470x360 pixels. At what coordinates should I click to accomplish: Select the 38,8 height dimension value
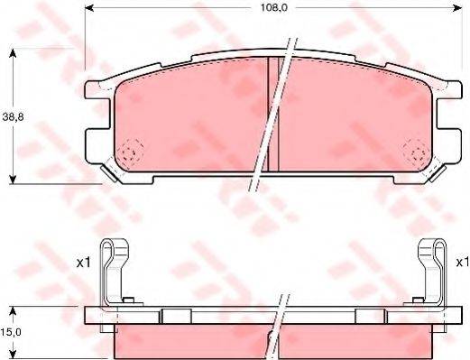pos(13,116)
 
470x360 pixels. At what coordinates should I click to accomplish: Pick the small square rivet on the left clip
pos(129,300)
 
